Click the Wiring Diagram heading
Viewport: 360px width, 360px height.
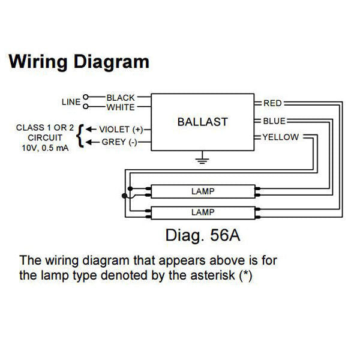(78, 61)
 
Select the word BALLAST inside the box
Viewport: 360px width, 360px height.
(202, 122)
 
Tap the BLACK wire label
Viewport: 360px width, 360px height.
(121, 97)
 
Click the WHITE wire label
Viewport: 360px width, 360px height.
(121, 107)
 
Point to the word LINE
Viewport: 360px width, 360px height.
(71, 102)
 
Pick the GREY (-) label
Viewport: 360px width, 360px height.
(118, 142)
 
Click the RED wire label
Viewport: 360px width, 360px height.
(273, 103)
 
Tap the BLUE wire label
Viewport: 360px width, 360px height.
(274, 121)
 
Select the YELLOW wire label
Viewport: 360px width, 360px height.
(280, 137)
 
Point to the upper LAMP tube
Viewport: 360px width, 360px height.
(202, 192)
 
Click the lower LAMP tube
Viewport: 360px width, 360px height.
(202, 212)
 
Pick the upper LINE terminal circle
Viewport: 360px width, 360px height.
(86, 97)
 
